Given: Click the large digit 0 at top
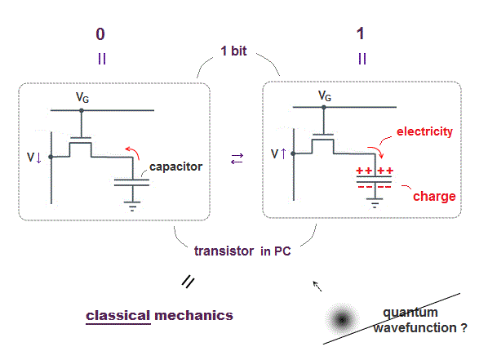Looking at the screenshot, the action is click(100, 34).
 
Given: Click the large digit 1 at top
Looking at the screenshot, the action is click(360, 33).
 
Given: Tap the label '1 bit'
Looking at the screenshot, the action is click(233, 51).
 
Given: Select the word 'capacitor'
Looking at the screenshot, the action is click(175, 167).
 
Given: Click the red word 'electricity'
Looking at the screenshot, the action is click(424, 131).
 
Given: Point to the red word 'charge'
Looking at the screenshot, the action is click(434, 197).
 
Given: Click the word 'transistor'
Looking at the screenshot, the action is click(224, 251).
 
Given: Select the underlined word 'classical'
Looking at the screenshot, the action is click(118, 316).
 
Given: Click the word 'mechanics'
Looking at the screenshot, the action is click(193, 316).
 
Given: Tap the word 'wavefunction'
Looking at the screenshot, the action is click(415, 328).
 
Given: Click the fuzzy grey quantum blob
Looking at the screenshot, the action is click(342, 319).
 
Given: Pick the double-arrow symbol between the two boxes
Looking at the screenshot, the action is click(237, 159).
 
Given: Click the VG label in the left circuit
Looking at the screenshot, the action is click(82, 97).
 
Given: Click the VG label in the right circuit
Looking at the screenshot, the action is click(325, 96).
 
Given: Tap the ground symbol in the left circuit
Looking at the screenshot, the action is click(132, 207).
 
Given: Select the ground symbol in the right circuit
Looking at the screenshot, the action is click(375, 203).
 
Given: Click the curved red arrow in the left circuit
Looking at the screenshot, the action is click(133, 152).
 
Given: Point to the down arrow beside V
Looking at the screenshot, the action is click(38, 158).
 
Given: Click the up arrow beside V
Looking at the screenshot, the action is click(283, 153).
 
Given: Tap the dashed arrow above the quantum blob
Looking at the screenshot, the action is click(317, 286).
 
